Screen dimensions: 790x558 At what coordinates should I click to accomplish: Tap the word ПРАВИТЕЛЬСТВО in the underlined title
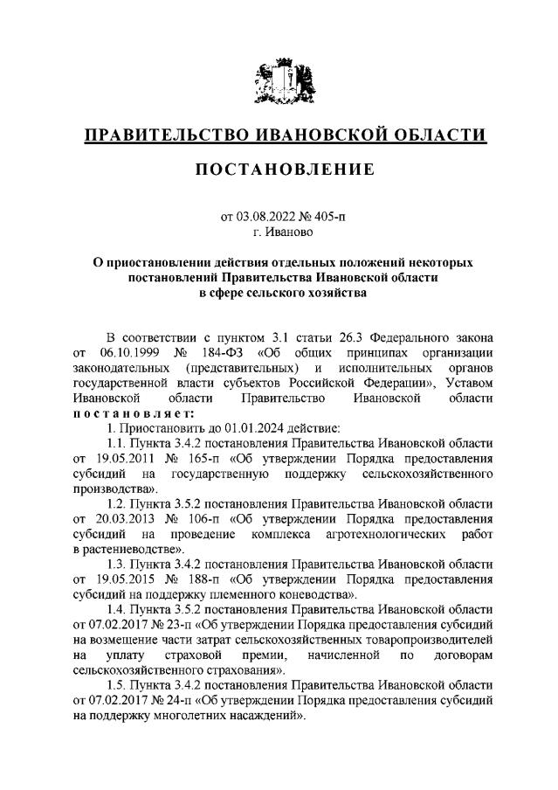click(x=167, y=135)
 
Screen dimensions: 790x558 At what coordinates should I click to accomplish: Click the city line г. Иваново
click(x=279, y=232)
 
